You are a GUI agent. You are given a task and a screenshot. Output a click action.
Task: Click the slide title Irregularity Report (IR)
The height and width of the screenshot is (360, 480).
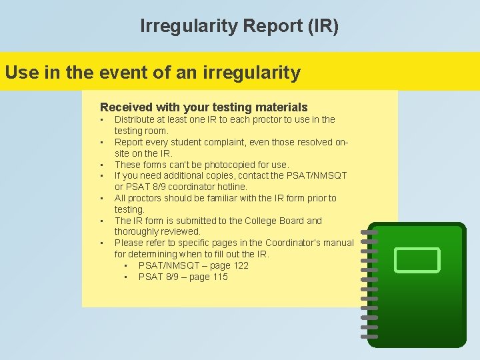pyautogui.click(x=239, y=26)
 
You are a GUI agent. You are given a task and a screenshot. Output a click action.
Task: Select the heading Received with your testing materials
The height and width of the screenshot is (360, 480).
pyautogui.click(x=203, y=107)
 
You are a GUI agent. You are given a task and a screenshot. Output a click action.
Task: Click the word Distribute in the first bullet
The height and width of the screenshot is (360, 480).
pyautogui.click(x=135, y=119)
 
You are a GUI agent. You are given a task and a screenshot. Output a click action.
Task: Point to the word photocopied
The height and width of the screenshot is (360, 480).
pyautogui.click(x=234, y=165)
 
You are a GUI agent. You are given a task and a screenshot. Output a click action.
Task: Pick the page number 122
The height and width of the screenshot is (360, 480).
pyautogui.click(x=240, y=265)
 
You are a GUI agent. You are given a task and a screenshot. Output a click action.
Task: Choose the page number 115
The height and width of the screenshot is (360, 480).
pyautogui.click(x=219, y=277)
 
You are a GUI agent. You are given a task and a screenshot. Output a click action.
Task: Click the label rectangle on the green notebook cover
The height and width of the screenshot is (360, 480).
pyautogui.click(x=417, y=260)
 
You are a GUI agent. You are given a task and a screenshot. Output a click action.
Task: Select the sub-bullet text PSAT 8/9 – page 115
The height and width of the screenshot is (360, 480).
pyautogui.click(x=183, y=277)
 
